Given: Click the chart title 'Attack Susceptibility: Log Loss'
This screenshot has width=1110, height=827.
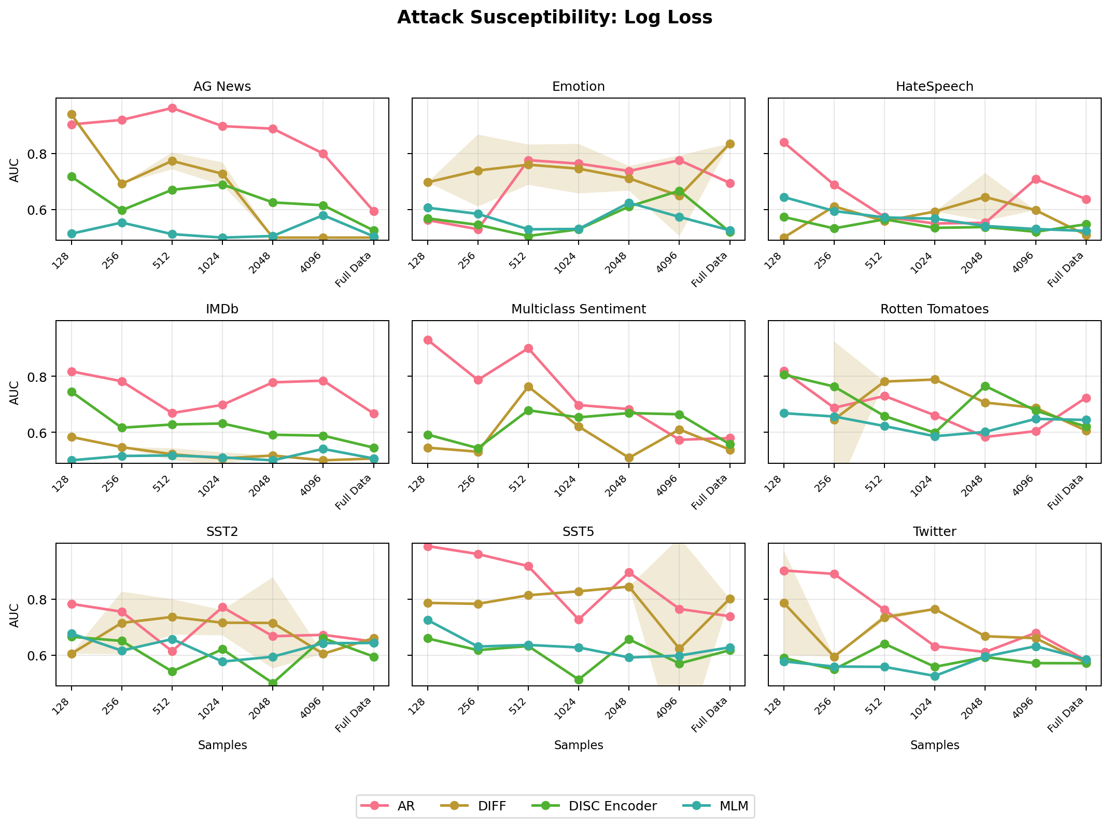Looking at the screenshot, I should click(554, 18).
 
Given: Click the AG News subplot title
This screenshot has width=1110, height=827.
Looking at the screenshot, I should click(222, 87).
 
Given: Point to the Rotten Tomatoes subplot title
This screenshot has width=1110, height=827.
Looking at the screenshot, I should click(934, 309).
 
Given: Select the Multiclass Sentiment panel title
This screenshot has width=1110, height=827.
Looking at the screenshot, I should click(578, 309).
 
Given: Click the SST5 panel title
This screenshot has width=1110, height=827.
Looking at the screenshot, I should click(578, 532).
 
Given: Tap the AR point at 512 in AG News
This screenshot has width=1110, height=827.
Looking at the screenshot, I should click(172, 108).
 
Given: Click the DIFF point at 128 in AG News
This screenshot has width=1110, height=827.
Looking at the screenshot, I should click(72, 114).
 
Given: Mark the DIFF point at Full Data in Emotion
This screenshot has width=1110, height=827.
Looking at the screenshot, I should click(729, 144).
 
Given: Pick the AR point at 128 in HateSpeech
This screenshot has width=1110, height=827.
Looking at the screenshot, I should click(784, 142).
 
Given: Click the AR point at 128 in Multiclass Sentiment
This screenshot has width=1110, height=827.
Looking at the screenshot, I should click(428, 340).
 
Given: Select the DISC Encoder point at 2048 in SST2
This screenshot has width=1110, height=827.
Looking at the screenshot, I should click(273, 683).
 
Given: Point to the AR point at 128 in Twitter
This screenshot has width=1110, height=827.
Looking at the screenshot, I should click(784, 571).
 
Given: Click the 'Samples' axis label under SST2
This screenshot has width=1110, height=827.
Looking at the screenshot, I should click(222, 746).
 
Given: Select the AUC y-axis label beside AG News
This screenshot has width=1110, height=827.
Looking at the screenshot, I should click(15, 170).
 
